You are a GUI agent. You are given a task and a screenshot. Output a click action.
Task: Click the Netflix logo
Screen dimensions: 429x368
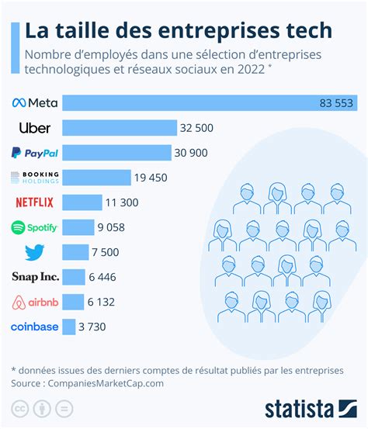click(x=35, y=202)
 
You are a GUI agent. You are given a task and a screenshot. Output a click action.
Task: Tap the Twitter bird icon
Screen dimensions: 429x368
click(x=35, y=252)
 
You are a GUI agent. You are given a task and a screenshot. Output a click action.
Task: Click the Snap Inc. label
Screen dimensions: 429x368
click(x=35, y=277)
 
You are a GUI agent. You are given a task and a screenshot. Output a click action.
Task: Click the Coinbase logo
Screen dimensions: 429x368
click(x=35, y=327)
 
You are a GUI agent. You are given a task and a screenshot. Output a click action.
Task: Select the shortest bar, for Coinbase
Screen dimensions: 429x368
click(x=68, y=327)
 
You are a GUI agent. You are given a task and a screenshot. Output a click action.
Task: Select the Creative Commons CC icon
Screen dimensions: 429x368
click(x=19, y=408)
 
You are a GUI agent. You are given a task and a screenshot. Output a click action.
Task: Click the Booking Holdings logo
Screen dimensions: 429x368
click(x=35, y=178)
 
